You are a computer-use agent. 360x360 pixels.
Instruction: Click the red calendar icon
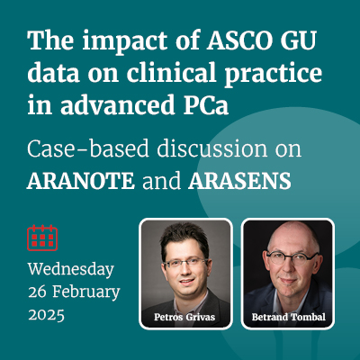coord(42,238)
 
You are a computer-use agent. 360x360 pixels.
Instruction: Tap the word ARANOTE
coord(81,181)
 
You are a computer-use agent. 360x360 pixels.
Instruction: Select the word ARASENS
coord(239,181)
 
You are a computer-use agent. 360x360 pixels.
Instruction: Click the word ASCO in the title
coord(233,40)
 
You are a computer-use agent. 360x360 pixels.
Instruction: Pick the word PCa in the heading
coord(206,105)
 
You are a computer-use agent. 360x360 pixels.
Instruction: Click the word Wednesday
coord(71,269)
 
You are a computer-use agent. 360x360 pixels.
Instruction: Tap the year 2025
coord(47,315)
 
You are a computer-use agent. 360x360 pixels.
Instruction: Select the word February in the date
coord(86,292)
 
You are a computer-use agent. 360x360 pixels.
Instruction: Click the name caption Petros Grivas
coord(184,317)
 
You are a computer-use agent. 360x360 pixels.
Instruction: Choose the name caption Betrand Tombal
coord(289,317)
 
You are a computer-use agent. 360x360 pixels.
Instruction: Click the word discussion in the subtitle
coord(212,148)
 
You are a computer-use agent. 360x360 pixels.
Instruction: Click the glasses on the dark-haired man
coord(185,262)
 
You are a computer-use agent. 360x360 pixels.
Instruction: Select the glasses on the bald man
coord(292,257)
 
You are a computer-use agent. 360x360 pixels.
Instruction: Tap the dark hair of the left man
coord(184,238)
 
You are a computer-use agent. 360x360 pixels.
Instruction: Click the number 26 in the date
coord(37,292)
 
